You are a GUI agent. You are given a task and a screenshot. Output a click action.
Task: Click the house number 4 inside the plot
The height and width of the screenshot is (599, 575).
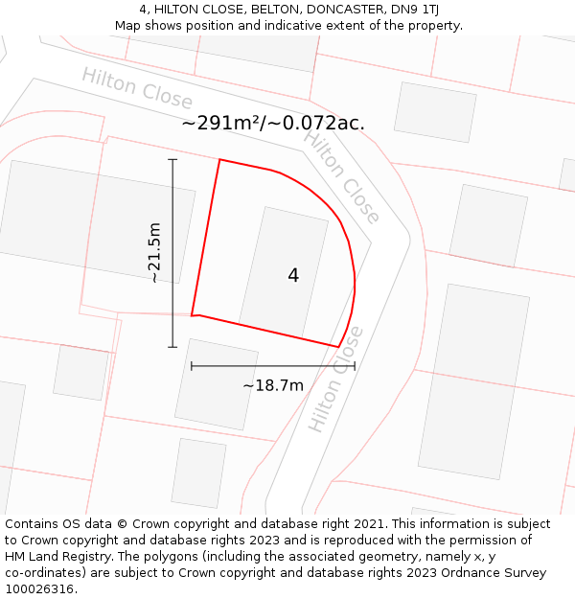click(x=293, y=276)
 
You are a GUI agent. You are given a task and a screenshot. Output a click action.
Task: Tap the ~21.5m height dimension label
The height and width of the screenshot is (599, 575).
click(x=154, y=252)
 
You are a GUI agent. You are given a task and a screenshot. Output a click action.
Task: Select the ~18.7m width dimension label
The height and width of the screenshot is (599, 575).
click(x=273, y=385)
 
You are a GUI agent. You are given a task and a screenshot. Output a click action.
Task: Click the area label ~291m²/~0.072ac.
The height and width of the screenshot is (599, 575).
click(x=273, y=124)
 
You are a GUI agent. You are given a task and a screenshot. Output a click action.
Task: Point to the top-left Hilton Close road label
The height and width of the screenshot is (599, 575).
click(x=137, y=89)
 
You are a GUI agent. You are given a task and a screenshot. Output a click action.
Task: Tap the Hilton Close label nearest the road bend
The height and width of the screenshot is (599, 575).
click(x=342, y=176)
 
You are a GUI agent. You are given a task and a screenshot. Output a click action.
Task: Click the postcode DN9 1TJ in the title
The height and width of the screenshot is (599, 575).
click(x=413, y=10)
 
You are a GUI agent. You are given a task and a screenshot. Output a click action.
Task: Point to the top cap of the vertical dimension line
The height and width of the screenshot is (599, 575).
click(x=172, y=159)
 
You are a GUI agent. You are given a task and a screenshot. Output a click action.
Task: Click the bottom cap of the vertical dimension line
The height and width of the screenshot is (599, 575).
click(x=172, y=347)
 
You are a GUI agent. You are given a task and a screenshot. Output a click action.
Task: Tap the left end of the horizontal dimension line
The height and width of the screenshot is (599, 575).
click(x=192, y=365)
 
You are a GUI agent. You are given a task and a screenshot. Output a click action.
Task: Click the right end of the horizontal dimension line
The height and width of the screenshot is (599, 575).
click(x=355, y=365)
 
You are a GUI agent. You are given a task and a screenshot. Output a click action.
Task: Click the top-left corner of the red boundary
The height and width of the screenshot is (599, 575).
click(x=219, y=159)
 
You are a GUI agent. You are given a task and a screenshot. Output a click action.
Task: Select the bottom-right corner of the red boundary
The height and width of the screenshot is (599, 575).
click(x=338, y=346)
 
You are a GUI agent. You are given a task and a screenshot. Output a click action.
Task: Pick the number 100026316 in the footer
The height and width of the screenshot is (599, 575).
click(x=37, y=589)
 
